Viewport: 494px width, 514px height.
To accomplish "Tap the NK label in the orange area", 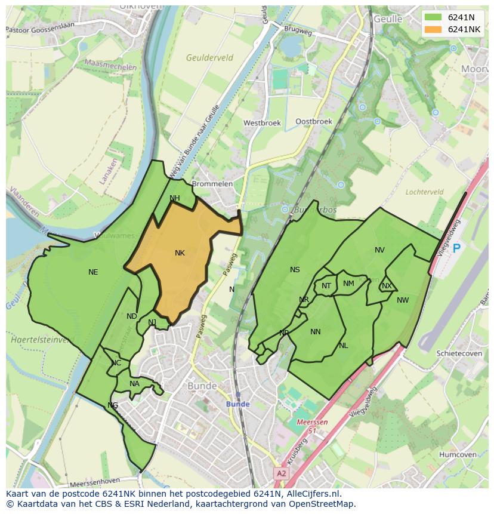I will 180,253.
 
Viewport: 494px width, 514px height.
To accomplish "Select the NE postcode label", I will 93,272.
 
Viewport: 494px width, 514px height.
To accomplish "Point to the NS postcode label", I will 295,270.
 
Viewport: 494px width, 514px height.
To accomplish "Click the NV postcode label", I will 379,250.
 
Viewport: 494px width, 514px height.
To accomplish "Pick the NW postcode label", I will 403,300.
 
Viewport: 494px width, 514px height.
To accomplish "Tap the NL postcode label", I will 343,346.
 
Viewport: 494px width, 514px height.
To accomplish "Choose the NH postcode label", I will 174,198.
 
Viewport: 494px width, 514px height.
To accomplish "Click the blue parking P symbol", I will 457,248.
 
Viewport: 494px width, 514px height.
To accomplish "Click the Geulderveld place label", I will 209,58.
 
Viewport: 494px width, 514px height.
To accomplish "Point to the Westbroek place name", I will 261,123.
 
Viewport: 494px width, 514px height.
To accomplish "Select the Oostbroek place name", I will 314,121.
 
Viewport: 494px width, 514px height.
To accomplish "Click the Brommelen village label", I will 212,184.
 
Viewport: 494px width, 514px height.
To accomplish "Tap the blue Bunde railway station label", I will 237,404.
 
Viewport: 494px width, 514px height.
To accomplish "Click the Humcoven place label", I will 458,454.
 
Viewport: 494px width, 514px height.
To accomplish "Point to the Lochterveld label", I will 424,192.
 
